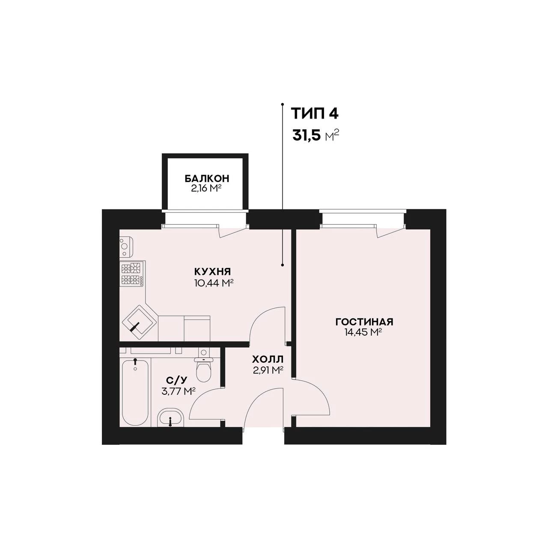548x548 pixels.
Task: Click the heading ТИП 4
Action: click(315, 114)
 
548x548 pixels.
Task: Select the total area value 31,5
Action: click(307, 136)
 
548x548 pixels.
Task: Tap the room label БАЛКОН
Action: click(207, 179)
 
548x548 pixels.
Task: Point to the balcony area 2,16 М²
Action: click(207, 188)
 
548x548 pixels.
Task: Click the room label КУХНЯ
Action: click(212, 271)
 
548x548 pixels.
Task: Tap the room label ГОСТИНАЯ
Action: click(364, 322)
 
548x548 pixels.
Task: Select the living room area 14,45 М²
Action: click(363, 332)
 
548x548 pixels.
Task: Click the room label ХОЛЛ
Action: click(268, 360)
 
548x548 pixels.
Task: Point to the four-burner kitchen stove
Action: click(132, 274)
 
